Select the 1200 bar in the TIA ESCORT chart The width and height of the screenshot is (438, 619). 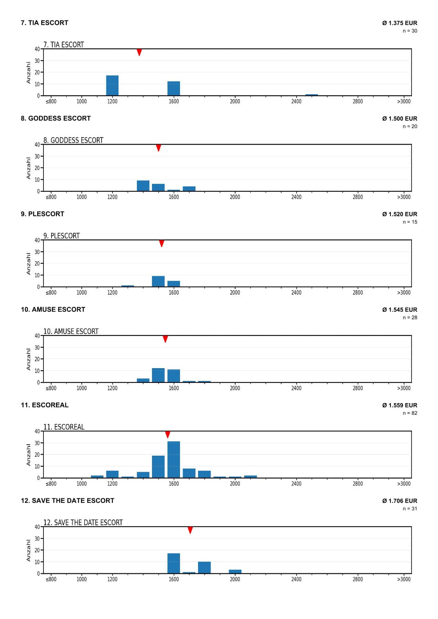coord(112,85)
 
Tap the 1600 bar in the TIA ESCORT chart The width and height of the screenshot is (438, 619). coord(174,88)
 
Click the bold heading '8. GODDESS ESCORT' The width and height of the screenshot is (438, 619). coord(56,118)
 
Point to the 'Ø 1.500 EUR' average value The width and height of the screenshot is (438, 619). coord(400,118)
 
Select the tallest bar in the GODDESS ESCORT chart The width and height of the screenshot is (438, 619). coord(143,186)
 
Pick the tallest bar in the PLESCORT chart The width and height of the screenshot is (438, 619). coord(158,281)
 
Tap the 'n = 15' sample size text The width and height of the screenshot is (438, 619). coord(410,222)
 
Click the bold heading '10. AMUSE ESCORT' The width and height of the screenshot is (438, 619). coord(53,310)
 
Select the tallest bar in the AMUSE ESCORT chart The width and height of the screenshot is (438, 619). coord(158,375)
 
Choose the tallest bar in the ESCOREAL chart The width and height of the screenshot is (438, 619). coord(174,459)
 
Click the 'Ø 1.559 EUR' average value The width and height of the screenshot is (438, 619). coord(400,405)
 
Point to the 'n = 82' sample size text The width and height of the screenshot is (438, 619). coord(410,413)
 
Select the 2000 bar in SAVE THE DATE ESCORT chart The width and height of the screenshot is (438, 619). coord(235,572)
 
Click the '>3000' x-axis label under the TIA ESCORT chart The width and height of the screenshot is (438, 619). coord(404,102)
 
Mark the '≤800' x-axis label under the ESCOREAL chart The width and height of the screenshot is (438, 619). coord(51,484)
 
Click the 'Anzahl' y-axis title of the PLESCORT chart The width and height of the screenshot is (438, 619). coord(28,263)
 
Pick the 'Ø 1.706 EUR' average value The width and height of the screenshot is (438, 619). coord(400,501)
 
